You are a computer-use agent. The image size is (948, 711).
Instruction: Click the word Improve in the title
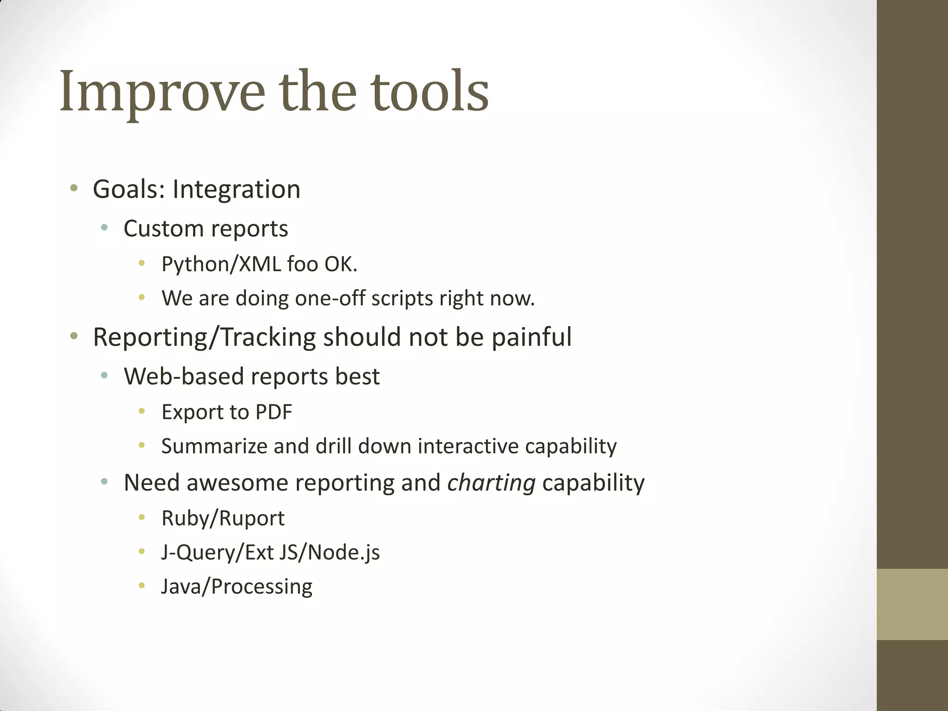pyautogui.click(x=162, y=92)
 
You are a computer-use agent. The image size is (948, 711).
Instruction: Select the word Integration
pyautogui.click(x=236, y=189)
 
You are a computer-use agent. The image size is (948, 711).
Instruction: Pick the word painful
pyautogui.click(x=531, y=337)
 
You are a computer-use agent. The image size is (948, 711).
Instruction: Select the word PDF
pyautogui.click(x=274, y=412)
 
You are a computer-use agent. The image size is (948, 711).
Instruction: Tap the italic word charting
pyautogui.click(x=491, y=483)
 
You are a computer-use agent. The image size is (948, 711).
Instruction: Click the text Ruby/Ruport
pyautogui.click(x=223, y=518)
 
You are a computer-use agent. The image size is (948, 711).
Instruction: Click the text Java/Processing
pyautogui.click(x=237, y=586)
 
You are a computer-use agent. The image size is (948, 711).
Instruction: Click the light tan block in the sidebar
pyautogui.click(x=912, y=604)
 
